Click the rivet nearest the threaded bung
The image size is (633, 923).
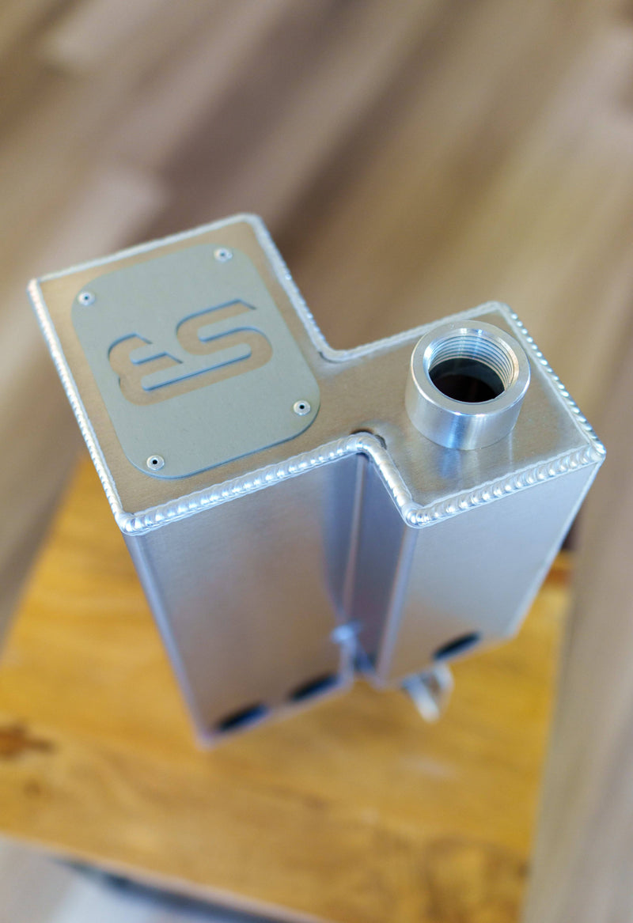click(301, 408)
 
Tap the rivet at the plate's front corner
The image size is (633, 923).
click(154, 461)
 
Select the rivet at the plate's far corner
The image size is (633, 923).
click(223, 254)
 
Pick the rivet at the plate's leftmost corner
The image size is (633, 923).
click(85, 298)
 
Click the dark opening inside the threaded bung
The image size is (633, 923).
click(467, 378)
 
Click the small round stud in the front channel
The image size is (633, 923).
click(345, 633)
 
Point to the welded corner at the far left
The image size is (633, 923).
click(33, 285)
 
